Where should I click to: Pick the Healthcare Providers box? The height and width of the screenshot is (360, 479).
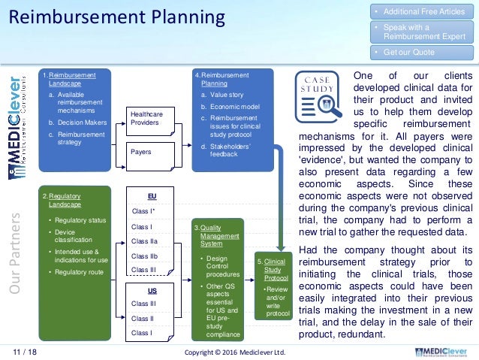[x=150, y=117]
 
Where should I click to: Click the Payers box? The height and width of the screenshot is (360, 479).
[x=149, y=152]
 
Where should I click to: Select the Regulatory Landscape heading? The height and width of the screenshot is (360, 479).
[x=64, y=200]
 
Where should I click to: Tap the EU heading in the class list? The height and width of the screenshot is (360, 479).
[x=152, y=195]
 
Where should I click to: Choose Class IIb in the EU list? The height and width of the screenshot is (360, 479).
[x=144, y=256]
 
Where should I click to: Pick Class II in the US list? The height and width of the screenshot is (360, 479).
[x=142, y=318]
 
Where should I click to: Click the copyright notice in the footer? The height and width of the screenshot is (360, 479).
[x=233, y=351]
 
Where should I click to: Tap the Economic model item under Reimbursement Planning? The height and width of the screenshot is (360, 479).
[x=234, y=107]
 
